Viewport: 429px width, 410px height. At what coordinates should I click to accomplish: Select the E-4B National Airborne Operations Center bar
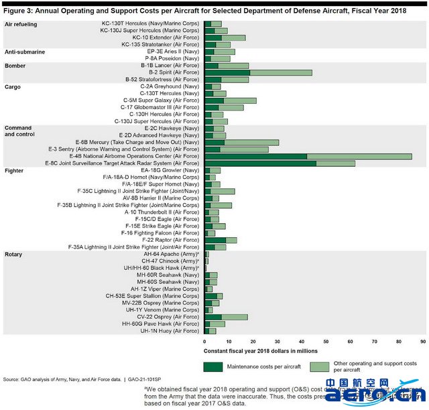308,156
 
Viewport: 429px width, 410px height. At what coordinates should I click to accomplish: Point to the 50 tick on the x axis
326,341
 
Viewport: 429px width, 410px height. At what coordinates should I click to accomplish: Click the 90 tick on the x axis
422,341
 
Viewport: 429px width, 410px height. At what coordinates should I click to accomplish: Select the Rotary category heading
13,255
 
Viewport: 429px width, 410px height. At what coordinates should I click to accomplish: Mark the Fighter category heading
14,170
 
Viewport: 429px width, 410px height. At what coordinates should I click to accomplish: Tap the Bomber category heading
15,66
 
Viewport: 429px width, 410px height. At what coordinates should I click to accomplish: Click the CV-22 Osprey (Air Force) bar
226,317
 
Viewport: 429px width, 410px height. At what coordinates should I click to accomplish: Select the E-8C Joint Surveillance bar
280,163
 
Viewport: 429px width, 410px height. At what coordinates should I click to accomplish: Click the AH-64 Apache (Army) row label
171,254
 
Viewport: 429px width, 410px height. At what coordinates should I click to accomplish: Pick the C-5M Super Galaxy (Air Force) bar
230,100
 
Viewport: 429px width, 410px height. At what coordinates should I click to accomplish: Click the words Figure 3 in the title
21,10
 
